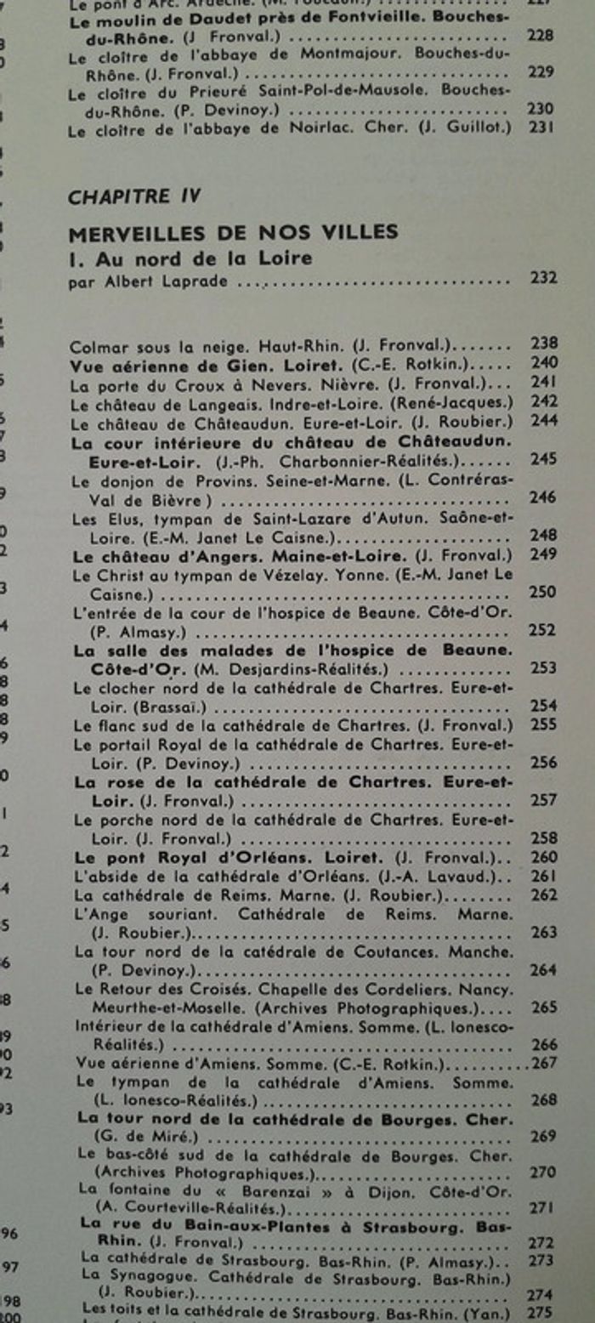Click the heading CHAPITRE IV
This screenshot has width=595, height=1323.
(x=134, y=196)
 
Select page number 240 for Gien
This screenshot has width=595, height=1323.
(x=544, y=363)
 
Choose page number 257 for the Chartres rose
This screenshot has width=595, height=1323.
(x=544, y=800)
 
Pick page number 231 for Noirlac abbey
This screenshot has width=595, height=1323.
(x=541, y=128)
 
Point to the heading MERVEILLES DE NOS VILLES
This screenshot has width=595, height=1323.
(x=233, y=232)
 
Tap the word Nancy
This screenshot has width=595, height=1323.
(x=492, y=990)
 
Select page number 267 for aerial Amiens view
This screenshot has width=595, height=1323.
(x=544, y=1064)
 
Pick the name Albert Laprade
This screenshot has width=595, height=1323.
(x=161, y=282)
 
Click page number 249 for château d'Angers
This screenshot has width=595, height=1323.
(x=544, y=556)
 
